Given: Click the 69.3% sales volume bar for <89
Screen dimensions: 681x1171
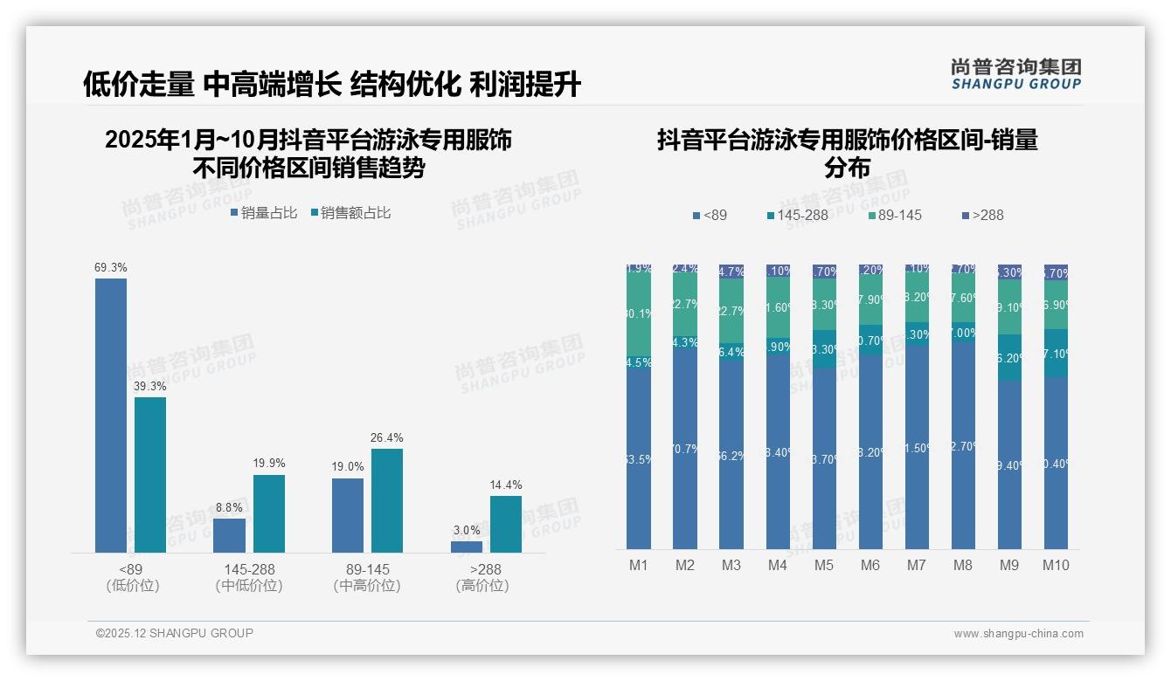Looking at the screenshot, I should [x=111, y=415].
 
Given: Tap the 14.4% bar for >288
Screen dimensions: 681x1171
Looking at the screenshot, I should [x=505, y=524].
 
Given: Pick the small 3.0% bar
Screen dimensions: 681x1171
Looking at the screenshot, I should [x=466, y=547].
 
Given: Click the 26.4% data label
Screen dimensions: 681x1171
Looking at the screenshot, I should [x=386, y=438].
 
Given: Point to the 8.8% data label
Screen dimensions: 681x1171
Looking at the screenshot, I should [x=229, y=507].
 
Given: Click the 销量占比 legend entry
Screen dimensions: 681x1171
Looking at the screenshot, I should [x=264, y=213].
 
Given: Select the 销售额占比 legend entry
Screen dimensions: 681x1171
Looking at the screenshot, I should [x=350, y=213].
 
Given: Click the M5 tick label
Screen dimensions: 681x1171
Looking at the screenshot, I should [x=824, y=565].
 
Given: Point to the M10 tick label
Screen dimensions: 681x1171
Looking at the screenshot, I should [x=1056, y=565].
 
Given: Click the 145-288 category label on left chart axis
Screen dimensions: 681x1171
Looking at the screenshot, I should [x=249, y=569].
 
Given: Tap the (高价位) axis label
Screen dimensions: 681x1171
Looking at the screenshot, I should [x=482, y=586].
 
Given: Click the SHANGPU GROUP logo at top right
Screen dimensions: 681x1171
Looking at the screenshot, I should [x=1016, y=74].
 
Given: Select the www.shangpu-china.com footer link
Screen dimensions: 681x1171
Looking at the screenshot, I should [x=1018, y=634].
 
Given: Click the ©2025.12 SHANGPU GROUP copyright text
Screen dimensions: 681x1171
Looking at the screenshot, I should [x=175, y=633].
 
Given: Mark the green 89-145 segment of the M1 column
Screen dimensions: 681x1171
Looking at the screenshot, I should [x=639, y=314].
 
